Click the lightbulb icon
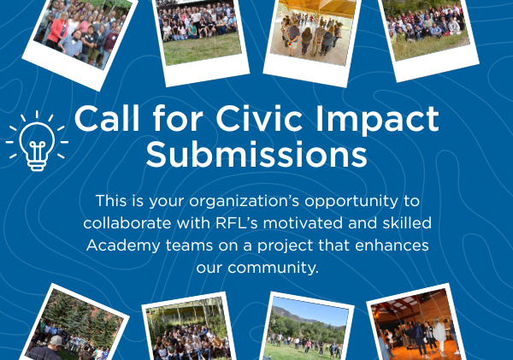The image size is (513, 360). (x=37, y=141)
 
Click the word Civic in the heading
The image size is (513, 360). (x=259, y=119)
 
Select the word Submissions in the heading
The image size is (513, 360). (x=256, y=154)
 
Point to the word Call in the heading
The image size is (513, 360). (x=107, y=118)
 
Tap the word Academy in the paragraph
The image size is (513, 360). (x=123, y=245)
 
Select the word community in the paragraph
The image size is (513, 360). (x=274, y=268)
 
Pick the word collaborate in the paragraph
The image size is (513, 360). (x=127, y=223)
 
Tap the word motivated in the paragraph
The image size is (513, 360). (x=303, y=223)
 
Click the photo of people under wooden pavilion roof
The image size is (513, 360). (x=312, y=32)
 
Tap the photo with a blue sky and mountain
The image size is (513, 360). (x=307, y=328)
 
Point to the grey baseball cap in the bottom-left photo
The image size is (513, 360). (x=56, y=340)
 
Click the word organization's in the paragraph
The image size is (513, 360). (x=245, y=202)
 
